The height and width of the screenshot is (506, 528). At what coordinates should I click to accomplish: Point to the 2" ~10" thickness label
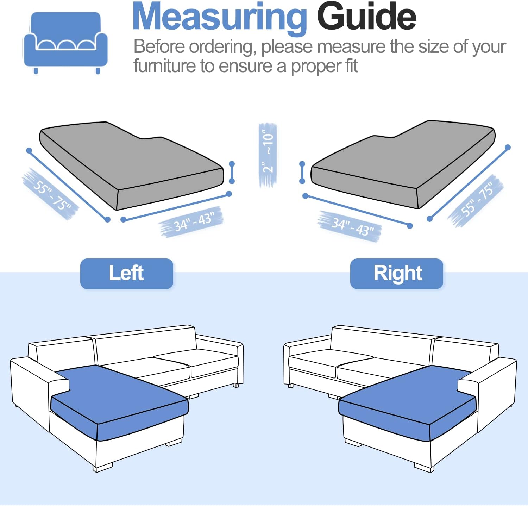pyautogui.click(x=268, y=154)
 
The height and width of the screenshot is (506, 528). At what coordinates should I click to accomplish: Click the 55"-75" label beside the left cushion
pyautogui.click(x=51, y=194)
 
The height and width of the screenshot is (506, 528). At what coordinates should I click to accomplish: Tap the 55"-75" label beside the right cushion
pyautogui.click(x=476, y=200)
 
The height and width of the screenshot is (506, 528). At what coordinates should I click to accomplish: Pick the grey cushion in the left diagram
pyautogui.click(x=131, y=165)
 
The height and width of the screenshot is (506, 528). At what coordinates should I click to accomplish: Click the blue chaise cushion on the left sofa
pyautogui.click(x=118, y=401)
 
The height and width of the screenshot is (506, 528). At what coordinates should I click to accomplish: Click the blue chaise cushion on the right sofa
pyautogui.click(x=408, y=401)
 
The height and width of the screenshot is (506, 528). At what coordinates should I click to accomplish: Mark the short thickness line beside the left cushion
pyautogui.click(x=232, y=173)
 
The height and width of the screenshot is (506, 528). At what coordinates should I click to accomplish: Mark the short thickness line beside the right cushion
pyautogui.click(x=302, y=173)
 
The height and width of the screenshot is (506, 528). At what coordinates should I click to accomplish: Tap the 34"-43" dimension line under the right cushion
pyautogui.click(x=358, y=211)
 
